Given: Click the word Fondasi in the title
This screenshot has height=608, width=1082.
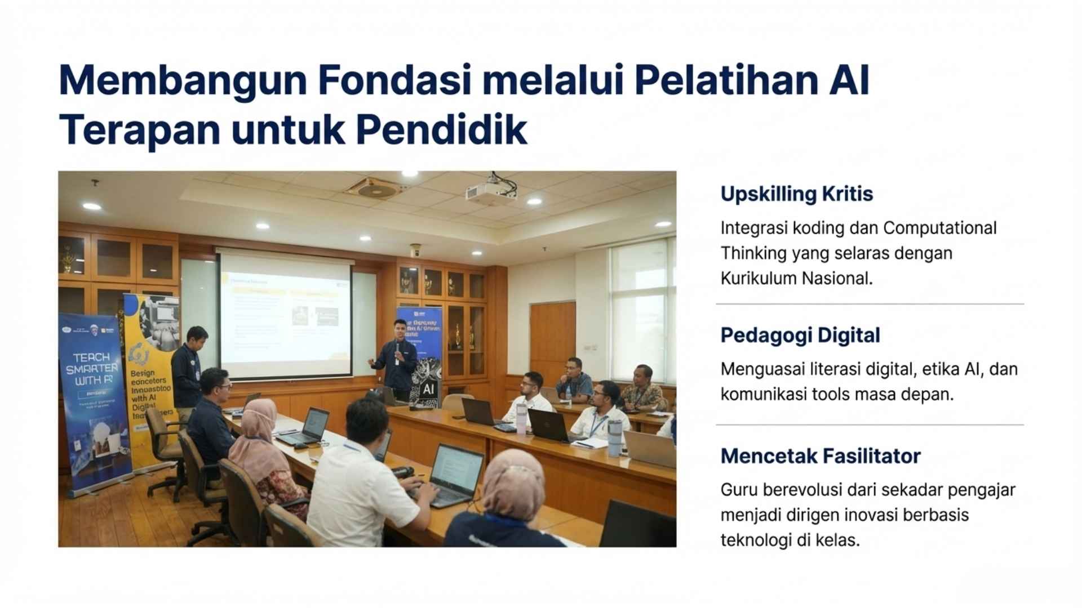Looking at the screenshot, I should (x=394, y=81).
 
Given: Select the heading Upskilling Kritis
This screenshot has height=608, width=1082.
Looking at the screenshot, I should (x=796, y=194).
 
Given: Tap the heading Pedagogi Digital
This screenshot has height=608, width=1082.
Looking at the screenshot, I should (x=800, y=335).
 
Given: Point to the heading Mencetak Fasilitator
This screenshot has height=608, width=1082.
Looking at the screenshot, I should (x=820, y=455).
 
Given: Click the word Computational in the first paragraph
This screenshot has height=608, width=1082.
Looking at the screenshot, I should (x=939, y=228).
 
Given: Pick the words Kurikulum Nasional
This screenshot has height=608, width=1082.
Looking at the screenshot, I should (x=796, y=278).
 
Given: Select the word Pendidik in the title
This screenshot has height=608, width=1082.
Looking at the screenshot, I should (x=441, y=130).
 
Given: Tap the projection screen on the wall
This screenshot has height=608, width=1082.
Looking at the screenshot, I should (x=285, y=315).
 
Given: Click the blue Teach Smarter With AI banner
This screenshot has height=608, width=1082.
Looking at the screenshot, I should (x=93, y=400).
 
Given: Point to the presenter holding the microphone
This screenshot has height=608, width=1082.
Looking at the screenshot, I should (x=397, y=360).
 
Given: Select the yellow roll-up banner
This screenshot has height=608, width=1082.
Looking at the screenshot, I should (x=148, y=366).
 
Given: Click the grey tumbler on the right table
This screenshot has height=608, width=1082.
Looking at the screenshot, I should (x=614, y=437).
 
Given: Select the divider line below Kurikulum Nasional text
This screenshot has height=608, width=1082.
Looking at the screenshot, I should (x=870, y=304).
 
